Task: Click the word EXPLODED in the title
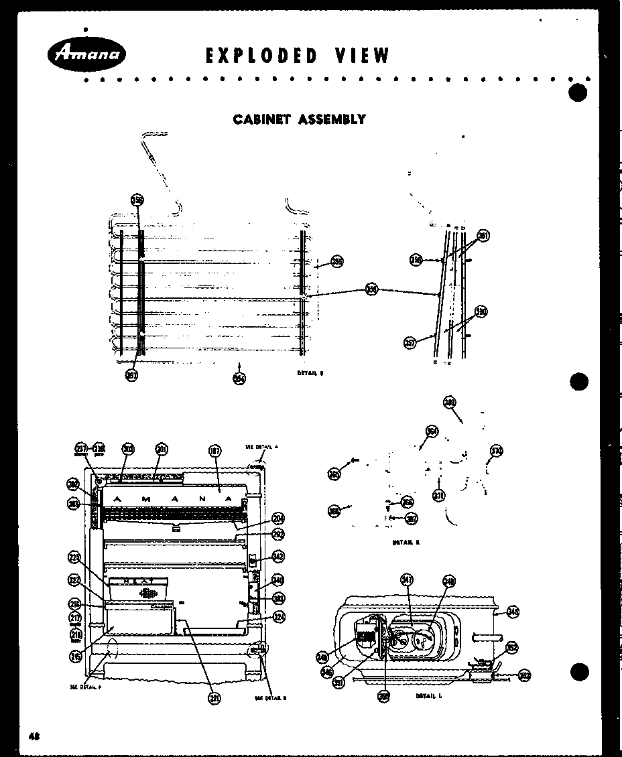pyautogui.click(x=262, y=56)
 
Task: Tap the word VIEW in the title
pyautogui.click(x=363, y=56)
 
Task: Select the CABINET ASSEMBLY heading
pyautogui.click(x=299, y=119)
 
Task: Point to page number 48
pyautogui.click(x=34, y=735)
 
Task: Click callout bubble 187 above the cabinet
pyautogui.click(x=214, y=451)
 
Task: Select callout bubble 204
pyautogui.click(x=278, y=518)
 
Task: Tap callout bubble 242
pyautogui.click(x=278, y=555)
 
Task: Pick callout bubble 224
pyautogui.click(x=279, y=617)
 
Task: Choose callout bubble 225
pyautogui.click(x=74, y=557)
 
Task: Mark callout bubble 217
pyautogui.click(x=75, y=617)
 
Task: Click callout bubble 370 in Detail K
pyautogui.click(x=496, y=450)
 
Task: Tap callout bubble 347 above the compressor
pyautogui.click(x=407, y=579)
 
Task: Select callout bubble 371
pyautogui.click(x=439, y=496)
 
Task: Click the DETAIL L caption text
pyautogui.click(x=428, y=696)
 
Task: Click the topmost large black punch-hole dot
pyautogui.click(x=578, y=92)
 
